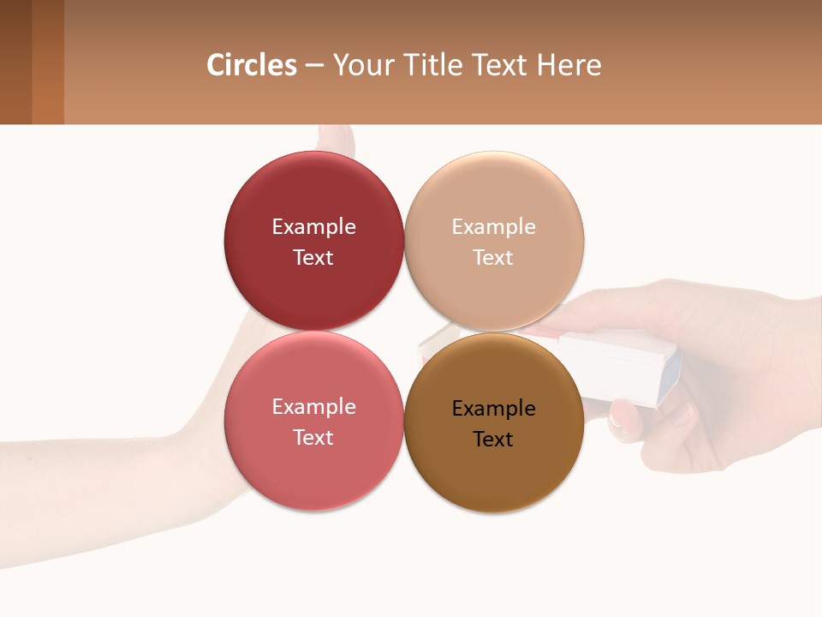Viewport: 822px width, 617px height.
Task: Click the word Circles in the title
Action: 252,65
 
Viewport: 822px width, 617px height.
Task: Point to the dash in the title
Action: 314,65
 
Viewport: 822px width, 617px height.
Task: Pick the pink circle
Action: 313,471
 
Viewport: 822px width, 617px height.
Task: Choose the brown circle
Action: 494,471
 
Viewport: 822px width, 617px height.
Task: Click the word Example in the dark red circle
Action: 313,227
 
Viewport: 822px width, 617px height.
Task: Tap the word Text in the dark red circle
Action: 313,258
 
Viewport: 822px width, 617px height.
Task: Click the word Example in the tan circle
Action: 494,227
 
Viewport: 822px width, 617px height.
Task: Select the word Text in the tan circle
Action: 494,258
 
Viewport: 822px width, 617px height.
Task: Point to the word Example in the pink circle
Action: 313,407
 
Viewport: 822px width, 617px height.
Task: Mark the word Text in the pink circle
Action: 313,438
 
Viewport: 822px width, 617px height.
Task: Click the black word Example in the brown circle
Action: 494,409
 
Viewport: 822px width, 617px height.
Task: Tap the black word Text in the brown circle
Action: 494,440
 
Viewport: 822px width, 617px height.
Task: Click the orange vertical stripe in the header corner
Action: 48,62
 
